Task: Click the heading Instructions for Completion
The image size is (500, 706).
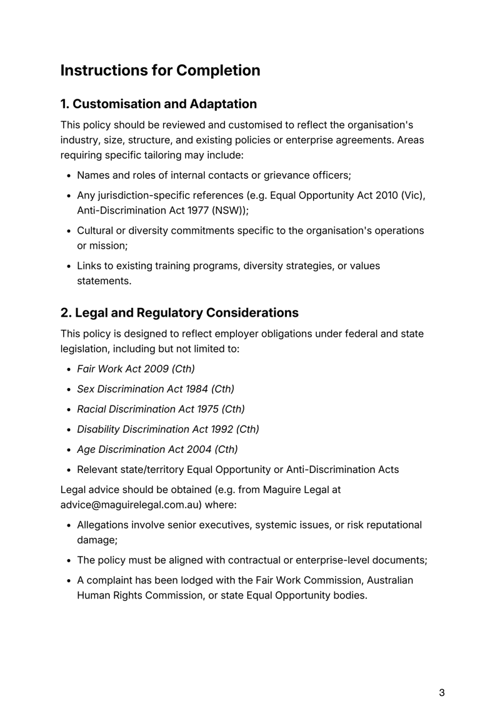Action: pos(160,71)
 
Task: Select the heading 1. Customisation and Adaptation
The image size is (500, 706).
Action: pos(158,104)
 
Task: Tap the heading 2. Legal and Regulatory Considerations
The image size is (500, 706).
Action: pos(179,311)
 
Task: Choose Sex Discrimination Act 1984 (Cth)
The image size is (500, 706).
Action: pos(155,389)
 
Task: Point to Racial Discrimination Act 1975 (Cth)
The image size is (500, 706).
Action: pos(161,409)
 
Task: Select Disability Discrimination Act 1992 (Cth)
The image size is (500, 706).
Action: pos(167,429)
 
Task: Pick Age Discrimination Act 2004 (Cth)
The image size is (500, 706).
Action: pos(157,449)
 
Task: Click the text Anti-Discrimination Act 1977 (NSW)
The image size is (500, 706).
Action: pos(161,211)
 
